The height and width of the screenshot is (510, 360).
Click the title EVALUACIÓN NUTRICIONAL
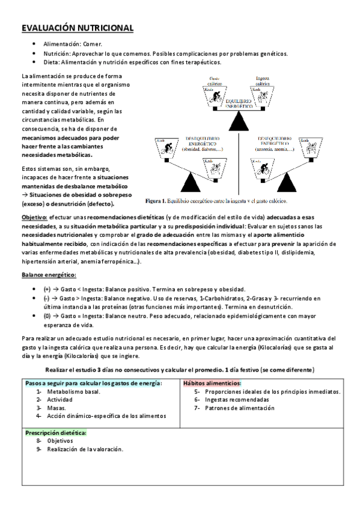[x=78, y=28]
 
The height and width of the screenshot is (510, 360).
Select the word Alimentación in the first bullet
[x=63, y=45]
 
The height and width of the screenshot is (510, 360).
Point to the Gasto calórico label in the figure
[x=214, y=80]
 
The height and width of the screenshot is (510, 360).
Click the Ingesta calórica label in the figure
[x=263, y=80]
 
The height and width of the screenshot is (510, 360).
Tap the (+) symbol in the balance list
[x=47, y=289]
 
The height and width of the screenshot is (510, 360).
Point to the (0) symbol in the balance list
[x=47, y=315]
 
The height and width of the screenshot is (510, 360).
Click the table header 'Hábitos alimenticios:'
[x=212, y=382]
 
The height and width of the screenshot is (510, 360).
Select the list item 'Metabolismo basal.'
[x=74, y=391]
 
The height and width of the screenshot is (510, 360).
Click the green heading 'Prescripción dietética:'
[x=55, y=432]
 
